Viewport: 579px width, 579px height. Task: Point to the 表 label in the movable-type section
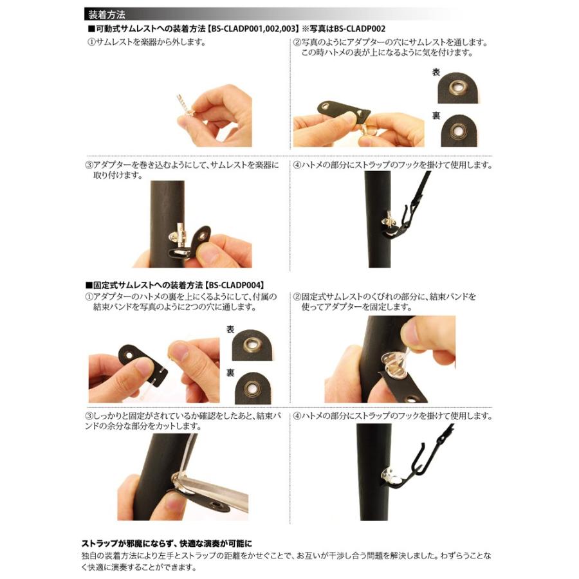click(x=436, y=73)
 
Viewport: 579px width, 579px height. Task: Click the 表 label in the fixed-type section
click(x=230, y=329)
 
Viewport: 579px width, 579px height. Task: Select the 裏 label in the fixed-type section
click(x=230, y=372)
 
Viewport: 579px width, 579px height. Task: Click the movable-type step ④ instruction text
click(x=392, y=165)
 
